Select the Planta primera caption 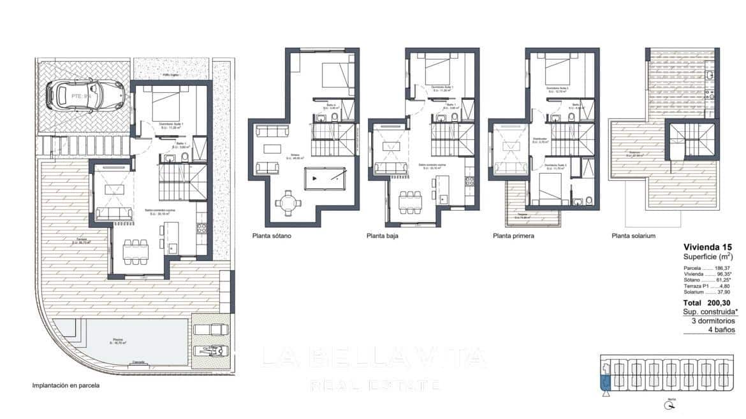tap(513, 236)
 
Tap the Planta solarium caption tap(633, 236)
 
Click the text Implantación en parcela tap(66, 385)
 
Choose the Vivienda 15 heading tap(708, 246)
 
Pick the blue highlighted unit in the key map tap(605, 382)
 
